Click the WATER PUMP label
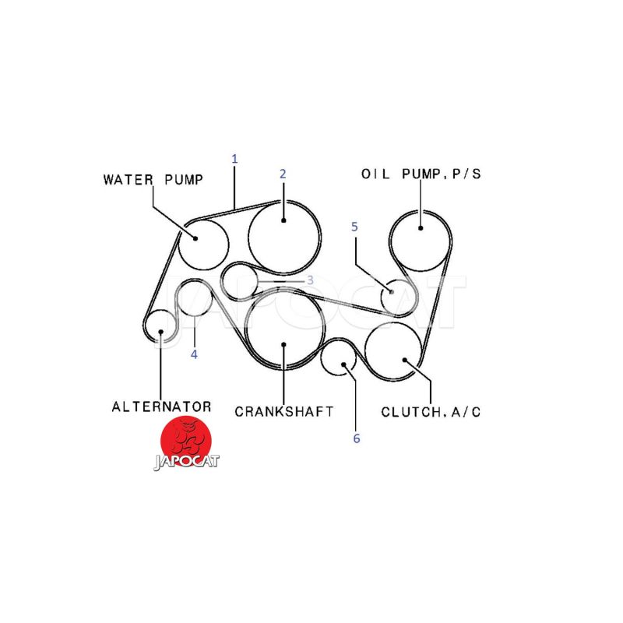pos(153,180)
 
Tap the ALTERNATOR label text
pos(161,407)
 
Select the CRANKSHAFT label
pos(284,411)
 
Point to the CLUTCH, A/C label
pos(431,412)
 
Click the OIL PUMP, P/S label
pos(421,174)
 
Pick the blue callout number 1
pos(234,159)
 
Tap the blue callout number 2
pos(283,174)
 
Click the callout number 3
pos(310,280)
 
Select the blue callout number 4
pos(194,354)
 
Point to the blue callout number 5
pos(354,227)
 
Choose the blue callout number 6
pos(357,438)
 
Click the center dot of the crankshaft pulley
pos(283,344)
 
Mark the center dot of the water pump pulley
pos(195,238)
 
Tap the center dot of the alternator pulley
pos(160,332)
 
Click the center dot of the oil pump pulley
pos(421,228)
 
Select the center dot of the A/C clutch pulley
pos(405,361)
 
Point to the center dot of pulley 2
pos(283,220)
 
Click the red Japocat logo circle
pos(186,441)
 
